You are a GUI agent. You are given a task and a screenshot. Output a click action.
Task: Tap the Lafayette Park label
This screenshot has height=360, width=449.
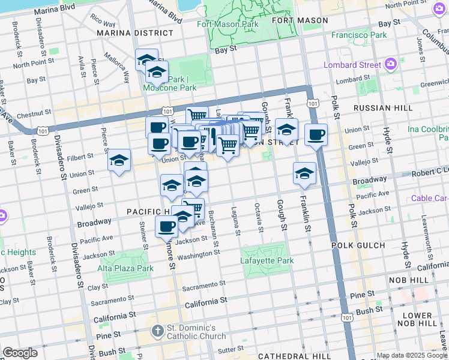click(267, 260)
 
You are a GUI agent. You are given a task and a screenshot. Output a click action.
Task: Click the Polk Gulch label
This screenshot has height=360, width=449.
click(355, 245)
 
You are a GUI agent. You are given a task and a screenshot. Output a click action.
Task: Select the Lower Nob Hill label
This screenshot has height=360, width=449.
click(421, 319)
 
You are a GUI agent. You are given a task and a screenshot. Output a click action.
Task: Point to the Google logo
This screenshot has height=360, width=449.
click(20, 353)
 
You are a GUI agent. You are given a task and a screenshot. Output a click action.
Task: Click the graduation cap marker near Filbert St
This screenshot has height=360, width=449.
click(119, 161)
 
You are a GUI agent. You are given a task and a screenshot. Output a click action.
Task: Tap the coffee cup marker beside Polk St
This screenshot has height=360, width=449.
click(316, 135)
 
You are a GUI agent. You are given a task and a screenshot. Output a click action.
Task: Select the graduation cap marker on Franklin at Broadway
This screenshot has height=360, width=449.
click(304, 173)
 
